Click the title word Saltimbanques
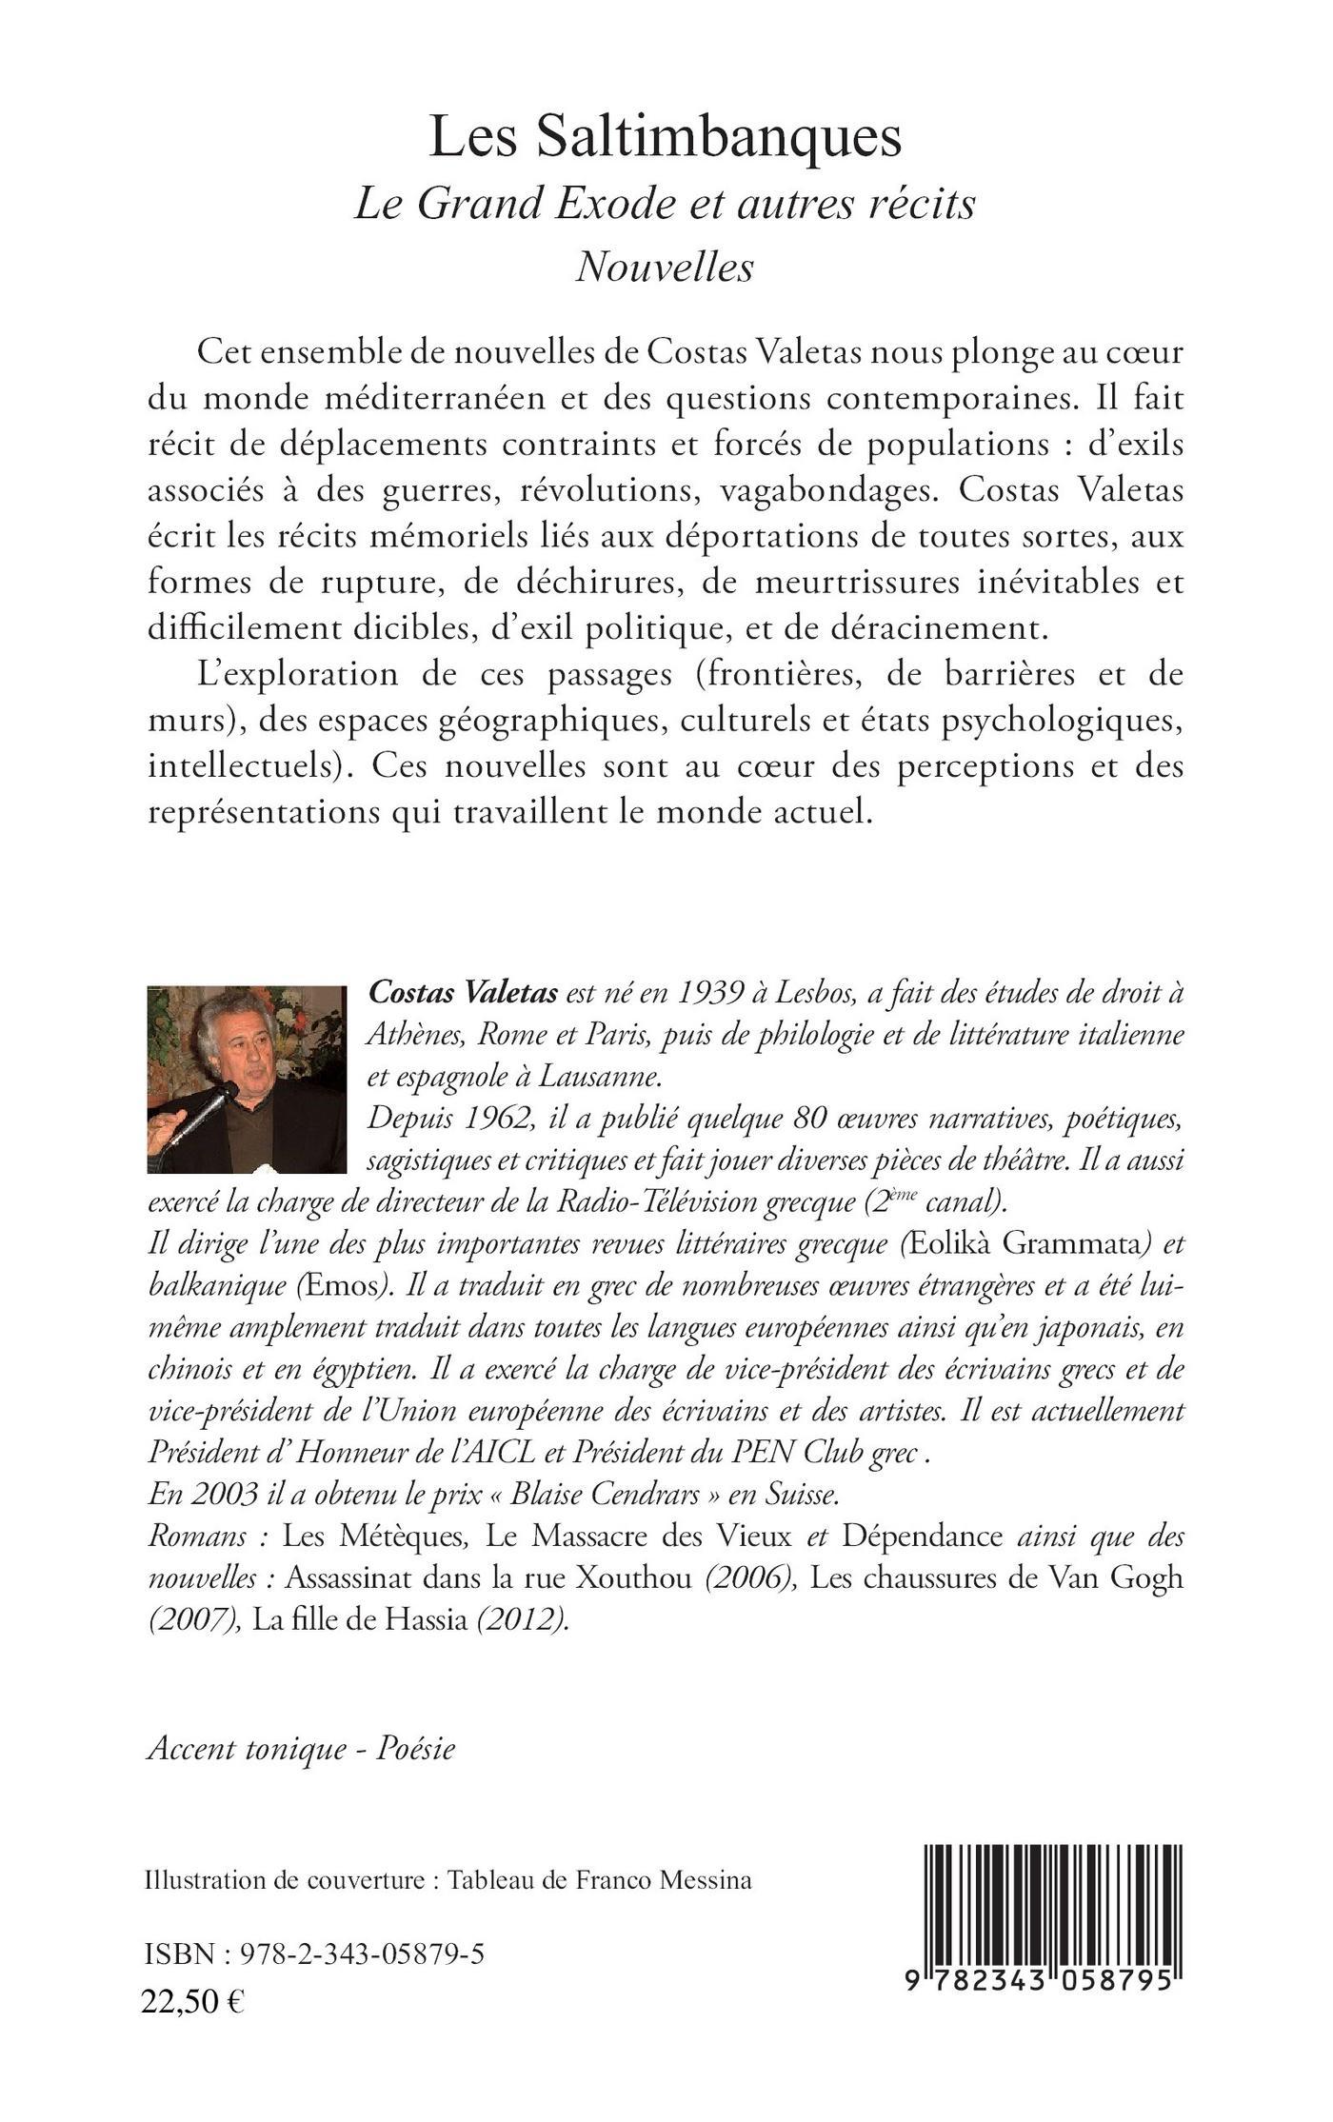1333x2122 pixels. (717, 137)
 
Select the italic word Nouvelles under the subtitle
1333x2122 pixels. (665, 267)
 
